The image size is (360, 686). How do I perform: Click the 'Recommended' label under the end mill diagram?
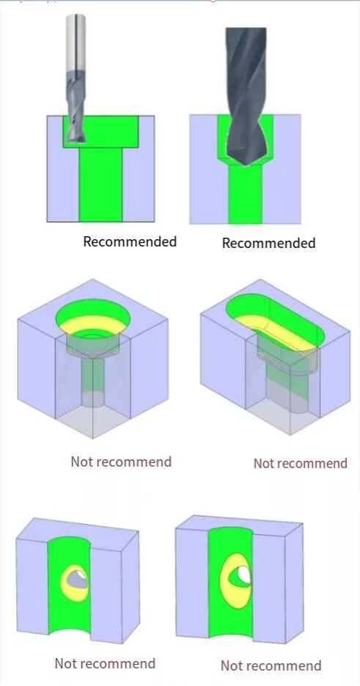pyautogui.click(x=130, y=241)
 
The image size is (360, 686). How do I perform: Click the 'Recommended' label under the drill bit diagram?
pyautogui.click(x=268, y=243)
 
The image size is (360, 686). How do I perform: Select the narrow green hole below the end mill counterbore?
pyautogui.click(x=100, y=184)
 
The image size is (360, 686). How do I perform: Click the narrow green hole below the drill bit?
pyautogui.click(x=245, y=192)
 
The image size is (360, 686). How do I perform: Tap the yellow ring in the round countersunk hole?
pyautogui.click(x=92, y=324)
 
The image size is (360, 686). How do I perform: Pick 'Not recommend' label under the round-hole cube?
pyautogui.click(x=121, y=461)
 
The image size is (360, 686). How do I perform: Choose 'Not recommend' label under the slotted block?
pyautogui.click(x=301, y=463)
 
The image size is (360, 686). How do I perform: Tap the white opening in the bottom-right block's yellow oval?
pyautogui.click(x=244, y=575)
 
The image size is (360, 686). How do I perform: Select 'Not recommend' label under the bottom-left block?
pyautogui.click(x=105, y=663)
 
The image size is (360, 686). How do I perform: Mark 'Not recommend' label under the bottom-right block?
pyautogui.click(x=271, y=665)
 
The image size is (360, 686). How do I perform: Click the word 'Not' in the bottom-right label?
pyautogui.click(x=232, y=665)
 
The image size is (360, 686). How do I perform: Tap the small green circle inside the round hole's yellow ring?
pyautogui.click(x=92, y=335)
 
